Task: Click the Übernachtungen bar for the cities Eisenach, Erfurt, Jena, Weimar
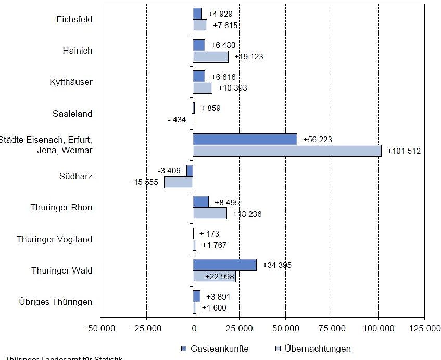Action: coord(287,151)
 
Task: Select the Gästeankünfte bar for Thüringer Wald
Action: coord(224,265)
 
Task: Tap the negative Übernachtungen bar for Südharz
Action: coord(178,182)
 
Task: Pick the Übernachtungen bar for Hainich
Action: coord(210,56)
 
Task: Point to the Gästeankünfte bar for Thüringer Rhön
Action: coord(200,202)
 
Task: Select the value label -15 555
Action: coord(144,182)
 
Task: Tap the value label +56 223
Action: coord(318,140)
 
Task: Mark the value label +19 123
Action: coord(249,57)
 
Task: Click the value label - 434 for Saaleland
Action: coord(177,120)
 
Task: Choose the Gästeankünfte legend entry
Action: coord(215,349)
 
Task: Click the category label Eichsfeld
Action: coord(74,19)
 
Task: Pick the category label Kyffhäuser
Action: coord(71,82)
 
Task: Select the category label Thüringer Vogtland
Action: coord(54,239)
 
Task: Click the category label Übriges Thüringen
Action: coord(56,302)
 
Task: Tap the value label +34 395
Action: coord(277,265)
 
